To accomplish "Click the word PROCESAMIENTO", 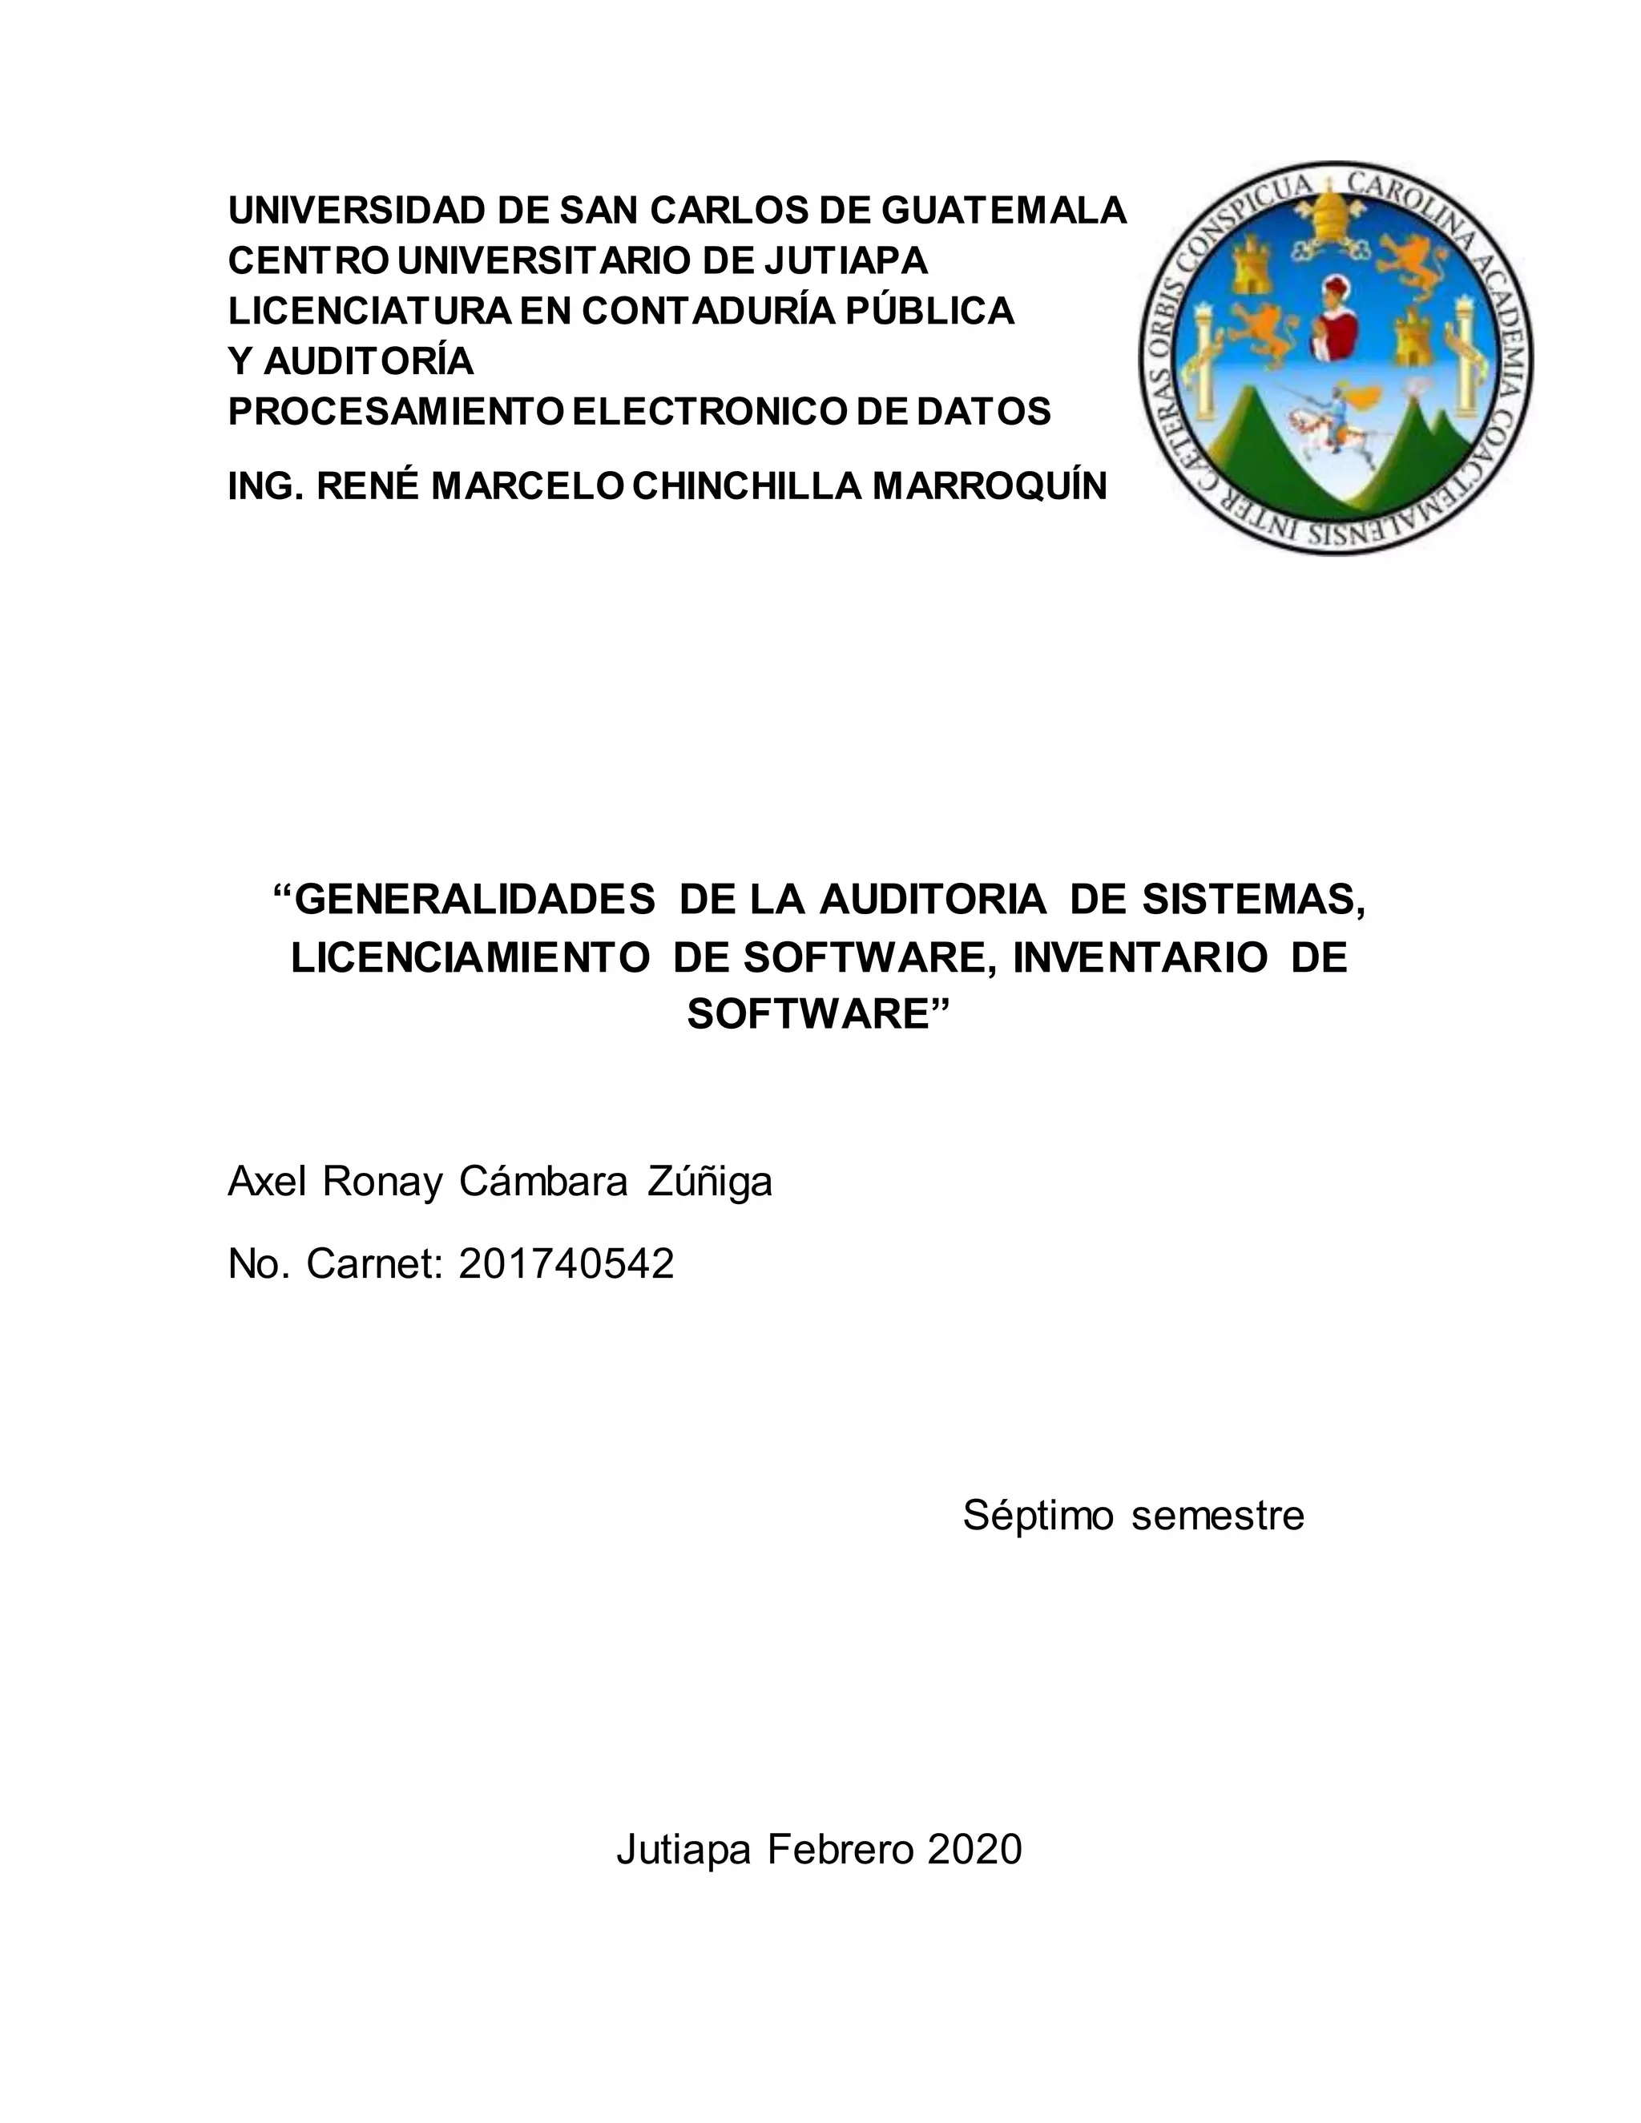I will pos(395,411).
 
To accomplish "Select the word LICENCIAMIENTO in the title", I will pos(470,957).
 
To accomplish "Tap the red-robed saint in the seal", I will pos(1335,316).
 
